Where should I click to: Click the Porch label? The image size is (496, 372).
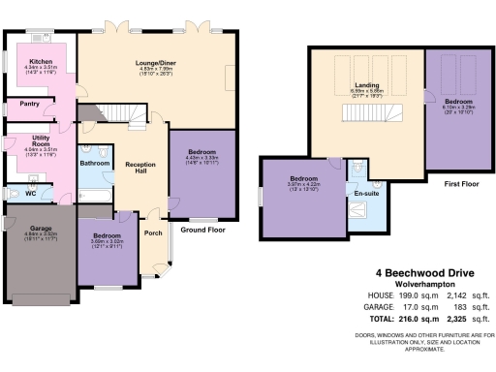point(152,233)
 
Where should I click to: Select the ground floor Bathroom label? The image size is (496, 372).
point(95,164)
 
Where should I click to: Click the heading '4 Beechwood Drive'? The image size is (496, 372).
point(418,274)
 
